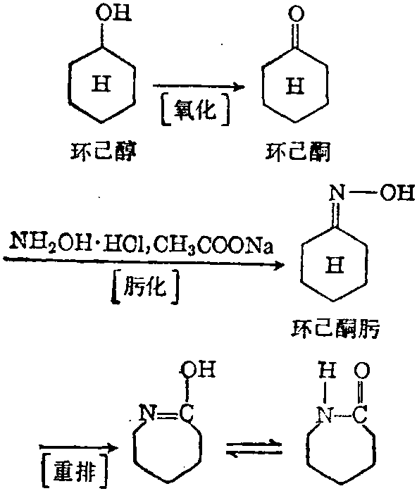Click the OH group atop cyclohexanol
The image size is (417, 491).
pos(113,13)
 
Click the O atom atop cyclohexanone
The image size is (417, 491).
pos(296,14)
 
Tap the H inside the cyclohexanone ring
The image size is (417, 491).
pos(295,86)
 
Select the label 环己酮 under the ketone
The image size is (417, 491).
pos(298,152)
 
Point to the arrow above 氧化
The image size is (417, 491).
pos(199,87)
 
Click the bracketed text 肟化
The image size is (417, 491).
pos(145,287)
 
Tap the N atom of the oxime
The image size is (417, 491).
pos(337,192)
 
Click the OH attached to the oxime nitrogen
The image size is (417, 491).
pos(397,192)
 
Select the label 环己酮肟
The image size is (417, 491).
pos(335,328)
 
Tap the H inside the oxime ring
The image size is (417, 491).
pos(335,265)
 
